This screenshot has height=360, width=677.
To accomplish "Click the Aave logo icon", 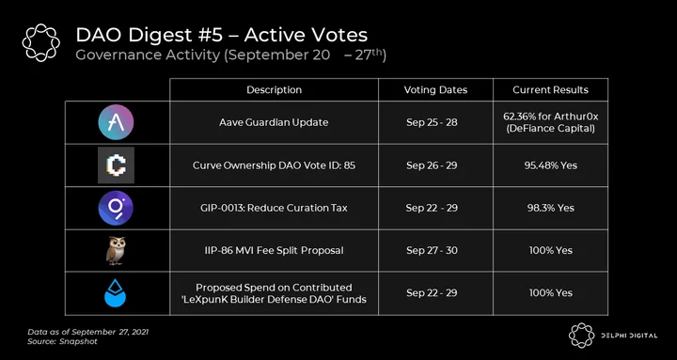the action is click(116, 122).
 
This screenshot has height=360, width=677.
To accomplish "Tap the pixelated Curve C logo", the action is click(117, 164).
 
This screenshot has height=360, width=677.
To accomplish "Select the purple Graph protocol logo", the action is click(116, 208).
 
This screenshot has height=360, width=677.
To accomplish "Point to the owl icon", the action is click(116, 250).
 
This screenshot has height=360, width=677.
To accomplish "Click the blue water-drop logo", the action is click(116, 292).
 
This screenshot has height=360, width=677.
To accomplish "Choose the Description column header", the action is click(275, 90).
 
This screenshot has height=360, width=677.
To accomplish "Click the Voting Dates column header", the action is click(435, 90).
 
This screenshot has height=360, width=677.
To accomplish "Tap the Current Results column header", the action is click(550, 90).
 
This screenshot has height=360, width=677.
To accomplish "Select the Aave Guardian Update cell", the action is click(274, 122).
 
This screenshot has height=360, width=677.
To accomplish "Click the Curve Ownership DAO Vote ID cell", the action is click(275, 165).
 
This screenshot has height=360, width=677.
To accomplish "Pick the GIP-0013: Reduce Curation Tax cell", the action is click(274, 208).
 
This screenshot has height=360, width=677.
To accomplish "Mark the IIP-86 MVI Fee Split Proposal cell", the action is click(275, 250).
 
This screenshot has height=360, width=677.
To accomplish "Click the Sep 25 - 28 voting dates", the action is click(432, 122).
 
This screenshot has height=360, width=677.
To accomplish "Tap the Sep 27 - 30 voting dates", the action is click(432, 250).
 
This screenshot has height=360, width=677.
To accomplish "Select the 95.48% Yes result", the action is click(550, 165).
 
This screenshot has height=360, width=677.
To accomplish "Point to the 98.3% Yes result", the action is click(551, 208).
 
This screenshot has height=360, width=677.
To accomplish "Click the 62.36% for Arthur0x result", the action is click(550, 117).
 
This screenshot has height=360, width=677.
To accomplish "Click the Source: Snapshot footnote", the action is click(63, 341).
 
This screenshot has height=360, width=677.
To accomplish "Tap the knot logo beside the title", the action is click(41, 42).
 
